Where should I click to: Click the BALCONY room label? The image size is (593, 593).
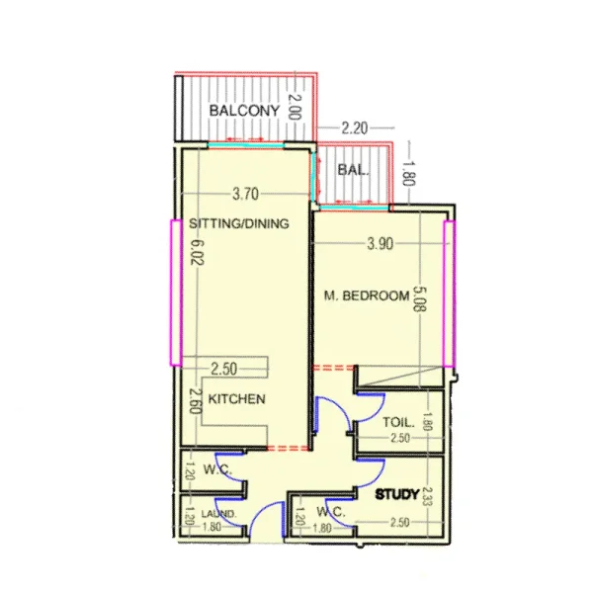(243, 111)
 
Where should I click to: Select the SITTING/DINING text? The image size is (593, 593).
(238, 224)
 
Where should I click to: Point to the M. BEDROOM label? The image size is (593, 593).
(367, 296)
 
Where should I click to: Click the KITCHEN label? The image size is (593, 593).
(235, 399)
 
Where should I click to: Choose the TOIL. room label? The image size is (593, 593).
(398, 423)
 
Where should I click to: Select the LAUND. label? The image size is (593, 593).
(218, 515)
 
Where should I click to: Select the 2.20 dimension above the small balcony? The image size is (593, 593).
(353, 127)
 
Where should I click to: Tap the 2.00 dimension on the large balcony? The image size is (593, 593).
(294, 105)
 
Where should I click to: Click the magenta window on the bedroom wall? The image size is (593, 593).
(450, 294)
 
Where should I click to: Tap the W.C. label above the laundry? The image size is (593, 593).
(216, 469)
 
